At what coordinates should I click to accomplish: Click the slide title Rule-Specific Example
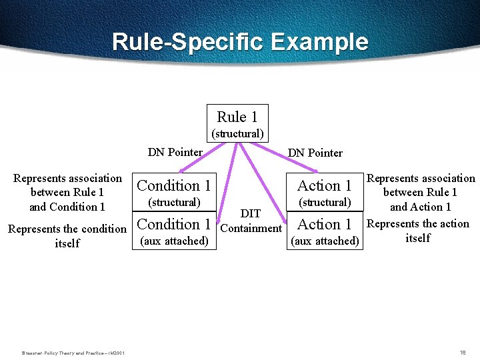pos(240,42)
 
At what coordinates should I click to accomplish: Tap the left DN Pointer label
pos(175,152)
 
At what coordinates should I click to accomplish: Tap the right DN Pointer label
pos(315,153)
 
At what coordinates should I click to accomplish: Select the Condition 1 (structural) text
pos(174,192)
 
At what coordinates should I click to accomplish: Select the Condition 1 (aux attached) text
pos(174,231)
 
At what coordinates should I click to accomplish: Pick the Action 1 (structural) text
pos(325,192)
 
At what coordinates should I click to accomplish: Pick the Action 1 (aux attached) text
pos(325,231)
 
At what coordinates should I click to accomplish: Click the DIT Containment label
pos(251,221)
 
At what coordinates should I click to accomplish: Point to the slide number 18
pos(462,352)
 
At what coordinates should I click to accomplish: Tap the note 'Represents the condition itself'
pos(67,236)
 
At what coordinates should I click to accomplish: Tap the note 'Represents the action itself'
pos(418,231)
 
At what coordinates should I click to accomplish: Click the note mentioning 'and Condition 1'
pos(67,192)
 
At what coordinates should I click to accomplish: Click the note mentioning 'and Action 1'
pos(421,192)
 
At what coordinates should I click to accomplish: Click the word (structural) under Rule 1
pos(237,133)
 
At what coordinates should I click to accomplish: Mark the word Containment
pos(251,228)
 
